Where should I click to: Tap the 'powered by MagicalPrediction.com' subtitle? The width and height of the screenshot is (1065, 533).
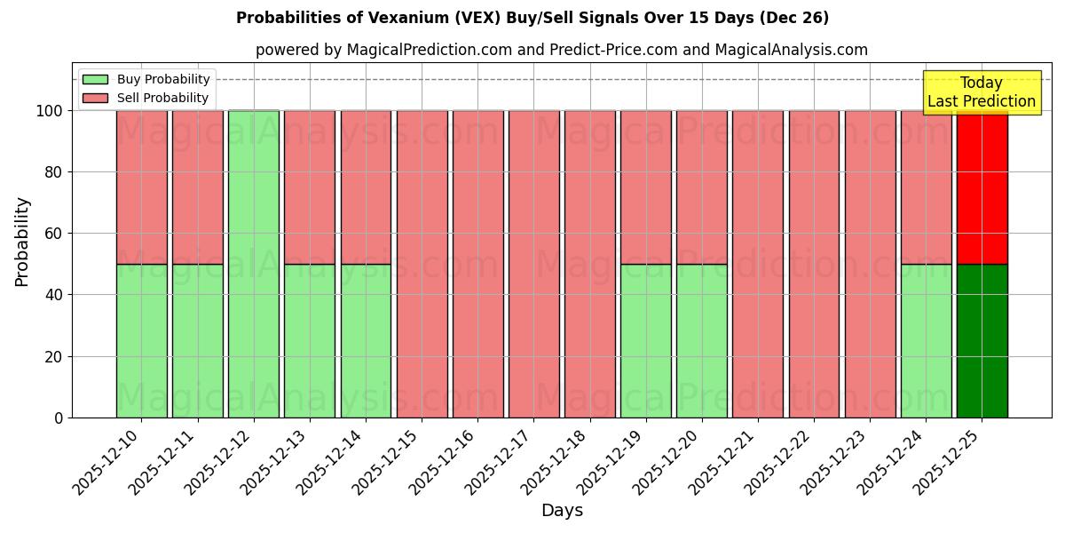561,50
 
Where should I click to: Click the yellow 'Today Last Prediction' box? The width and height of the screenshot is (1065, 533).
982,92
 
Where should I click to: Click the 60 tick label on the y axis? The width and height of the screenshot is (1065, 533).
55,234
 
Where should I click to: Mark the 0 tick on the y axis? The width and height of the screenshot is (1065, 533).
59,418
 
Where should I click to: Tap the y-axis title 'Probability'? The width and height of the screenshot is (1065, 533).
22,242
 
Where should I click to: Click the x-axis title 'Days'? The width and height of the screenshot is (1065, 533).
562,511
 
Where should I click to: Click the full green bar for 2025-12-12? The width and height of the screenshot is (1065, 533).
254,264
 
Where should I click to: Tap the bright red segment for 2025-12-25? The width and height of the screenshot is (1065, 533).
982,187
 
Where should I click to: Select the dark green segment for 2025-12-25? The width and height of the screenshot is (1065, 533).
982,341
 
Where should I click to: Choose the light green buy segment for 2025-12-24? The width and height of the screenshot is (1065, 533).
926,341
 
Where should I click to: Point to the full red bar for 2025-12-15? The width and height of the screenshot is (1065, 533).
422,264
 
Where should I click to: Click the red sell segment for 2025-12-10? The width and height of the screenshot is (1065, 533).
142,187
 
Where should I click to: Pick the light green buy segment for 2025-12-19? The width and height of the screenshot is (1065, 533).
646,341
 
